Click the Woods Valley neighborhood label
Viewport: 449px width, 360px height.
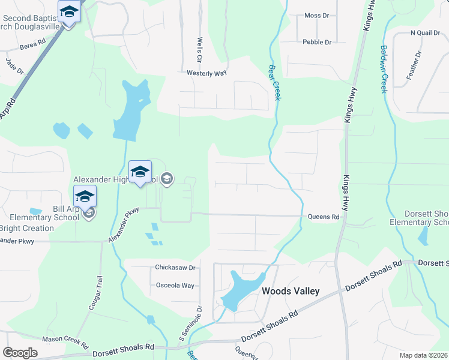(x=291, y=291)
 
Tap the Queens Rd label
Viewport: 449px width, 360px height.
(x=324, y=217)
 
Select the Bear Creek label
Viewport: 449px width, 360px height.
(x=275, y=82)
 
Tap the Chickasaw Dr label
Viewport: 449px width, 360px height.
(x=176, y=267)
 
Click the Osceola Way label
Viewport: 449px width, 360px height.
(x=175, y=286)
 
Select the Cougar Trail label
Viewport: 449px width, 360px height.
(x=94, y=292)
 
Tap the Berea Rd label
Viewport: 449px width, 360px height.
(x=32, y=44)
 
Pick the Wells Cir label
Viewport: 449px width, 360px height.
(x=199, y=50)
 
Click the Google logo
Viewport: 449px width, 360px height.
(x=20, y=352)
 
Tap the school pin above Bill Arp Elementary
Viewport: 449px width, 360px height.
(x=85, y=196)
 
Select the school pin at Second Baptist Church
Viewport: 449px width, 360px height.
(x=70, y=12)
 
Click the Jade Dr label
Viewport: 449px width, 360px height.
(x=14, y=66)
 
